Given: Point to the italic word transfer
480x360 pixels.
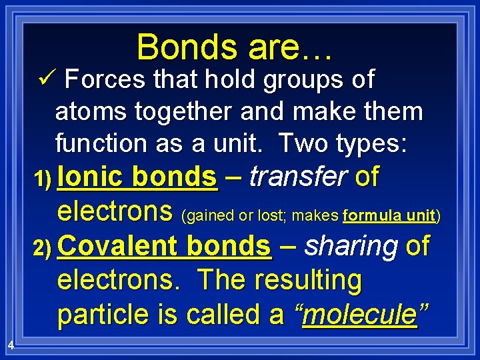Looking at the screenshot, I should pyautogui.click(x=299, y=177).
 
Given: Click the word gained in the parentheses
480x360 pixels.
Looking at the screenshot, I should pyautogui.click(x=207, y=215).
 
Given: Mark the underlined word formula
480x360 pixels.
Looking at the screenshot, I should pyautogui.click(x=374, y=215).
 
